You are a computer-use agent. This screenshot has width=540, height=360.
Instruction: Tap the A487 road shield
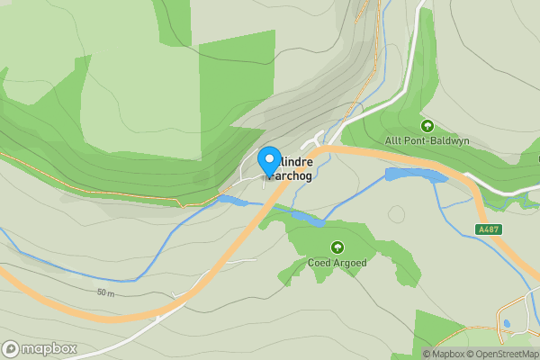pyautogui.click(x=489, y=229)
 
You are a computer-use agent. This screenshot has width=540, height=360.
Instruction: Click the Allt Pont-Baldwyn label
pyautogui.click(x=427, y=141)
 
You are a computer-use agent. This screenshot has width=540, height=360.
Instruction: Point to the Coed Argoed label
pyautogui.click(x=337, y=263)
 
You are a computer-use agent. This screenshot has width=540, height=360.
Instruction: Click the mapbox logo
pyautogui.click(x=40, y=349)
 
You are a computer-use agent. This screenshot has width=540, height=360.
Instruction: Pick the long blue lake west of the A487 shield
pyautogui.click(x=415, y=175)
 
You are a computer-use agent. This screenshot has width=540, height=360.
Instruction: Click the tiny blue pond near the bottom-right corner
pyautogui.click(x=507, y=323)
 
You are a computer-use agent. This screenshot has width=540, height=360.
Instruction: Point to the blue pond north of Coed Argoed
pyautogui.click(x=306, y=218)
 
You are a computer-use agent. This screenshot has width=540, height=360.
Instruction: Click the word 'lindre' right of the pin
pyautogui.click(x=296, y=161)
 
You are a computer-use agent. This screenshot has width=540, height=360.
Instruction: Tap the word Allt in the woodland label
pyautogui.click(x=394, y=141)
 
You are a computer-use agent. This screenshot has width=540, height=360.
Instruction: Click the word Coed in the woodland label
pyautogui.click(x=320, y=263)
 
